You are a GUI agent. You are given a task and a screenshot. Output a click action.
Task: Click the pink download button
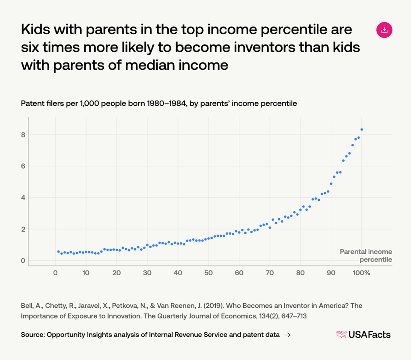pos(384,30)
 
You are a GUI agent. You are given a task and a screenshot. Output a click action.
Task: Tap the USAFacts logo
pos(363,335)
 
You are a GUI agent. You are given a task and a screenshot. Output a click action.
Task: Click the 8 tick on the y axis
pos(23,135)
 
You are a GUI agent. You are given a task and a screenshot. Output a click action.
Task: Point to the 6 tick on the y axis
pos(23,166)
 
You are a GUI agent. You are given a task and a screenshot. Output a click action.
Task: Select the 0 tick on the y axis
pos(23,261)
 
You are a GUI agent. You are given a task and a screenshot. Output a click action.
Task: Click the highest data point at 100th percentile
pos(362,129)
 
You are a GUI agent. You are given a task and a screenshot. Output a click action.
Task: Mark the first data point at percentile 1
pos(58,252)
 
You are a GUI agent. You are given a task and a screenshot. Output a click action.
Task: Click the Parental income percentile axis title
pos(366,256)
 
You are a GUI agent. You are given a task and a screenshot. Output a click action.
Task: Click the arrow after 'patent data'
pos(287,335)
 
